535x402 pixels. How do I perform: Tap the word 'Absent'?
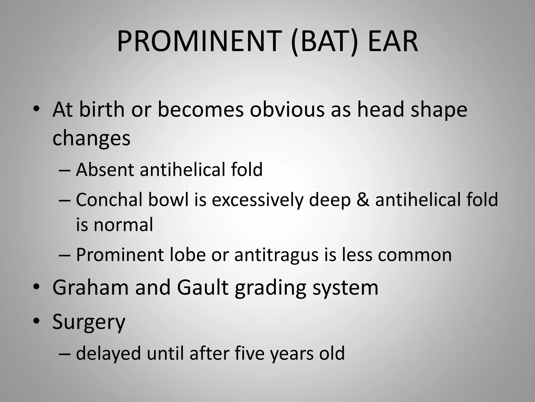pos(104,170)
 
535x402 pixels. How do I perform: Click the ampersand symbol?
pos(362,200)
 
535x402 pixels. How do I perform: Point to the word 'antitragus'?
pos(276,255)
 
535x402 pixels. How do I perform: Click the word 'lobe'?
pos(188,254)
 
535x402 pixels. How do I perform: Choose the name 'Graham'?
pos(90,287)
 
